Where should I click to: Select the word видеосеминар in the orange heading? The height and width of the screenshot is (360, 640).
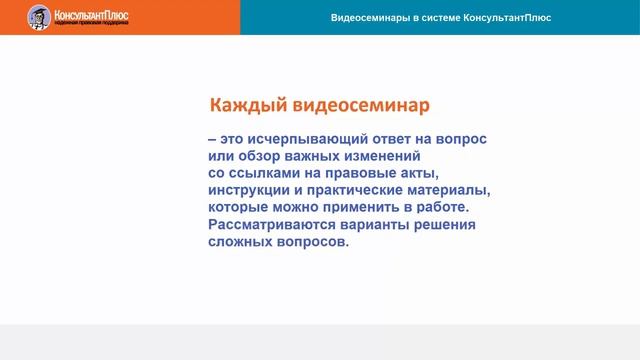[x=360, y=105]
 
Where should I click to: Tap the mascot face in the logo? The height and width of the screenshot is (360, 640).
[x=39, y=16]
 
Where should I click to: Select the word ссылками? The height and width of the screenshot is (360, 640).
[x=263, y=173]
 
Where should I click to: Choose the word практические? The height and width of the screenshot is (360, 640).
[x=364, y=190]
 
